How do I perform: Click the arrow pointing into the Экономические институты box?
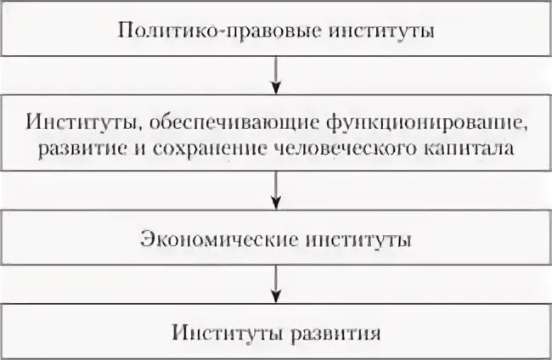click(275, 191)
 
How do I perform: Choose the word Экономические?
click(213, 240)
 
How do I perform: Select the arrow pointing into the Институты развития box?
click(275, 283)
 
